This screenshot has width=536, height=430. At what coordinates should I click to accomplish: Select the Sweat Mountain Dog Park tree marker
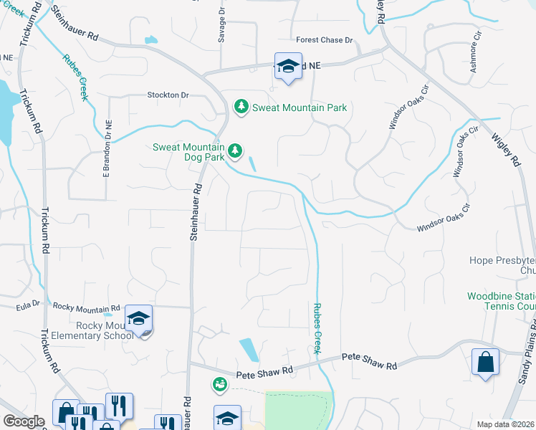click(235, 151)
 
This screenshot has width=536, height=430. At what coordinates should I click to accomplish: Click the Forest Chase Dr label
click(324, 41)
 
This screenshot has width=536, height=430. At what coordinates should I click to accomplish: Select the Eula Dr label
click(29, 306)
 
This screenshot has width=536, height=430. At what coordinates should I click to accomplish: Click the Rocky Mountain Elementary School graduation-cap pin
click(139, 317)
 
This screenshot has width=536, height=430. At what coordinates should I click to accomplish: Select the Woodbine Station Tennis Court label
click(501, 301)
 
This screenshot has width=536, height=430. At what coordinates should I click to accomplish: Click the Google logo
click(24, 421)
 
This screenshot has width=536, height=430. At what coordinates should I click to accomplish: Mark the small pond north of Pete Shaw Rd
click(249, 350)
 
